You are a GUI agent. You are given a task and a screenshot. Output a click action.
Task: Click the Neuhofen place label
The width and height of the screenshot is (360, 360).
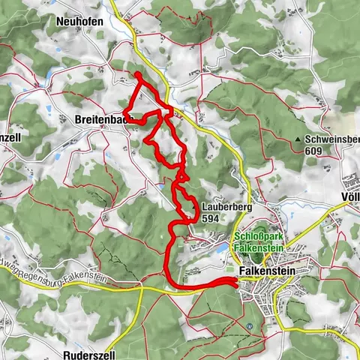click(79, 22)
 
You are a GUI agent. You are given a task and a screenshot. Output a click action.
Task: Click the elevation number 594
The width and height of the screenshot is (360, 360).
click(210, 218)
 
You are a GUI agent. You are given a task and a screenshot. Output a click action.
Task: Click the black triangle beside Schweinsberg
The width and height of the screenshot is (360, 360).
click(298, 139)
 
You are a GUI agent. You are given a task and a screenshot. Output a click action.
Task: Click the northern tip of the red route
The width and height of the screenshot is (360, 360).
click(136, 74)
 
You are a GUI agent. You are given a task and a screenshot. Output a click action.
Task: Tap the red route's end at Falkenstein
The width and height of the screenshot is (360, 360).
click(235, 281)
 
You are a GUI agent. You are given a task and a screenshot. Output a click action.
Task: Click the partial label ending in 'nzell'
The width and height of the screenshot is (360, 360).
click(9, 139)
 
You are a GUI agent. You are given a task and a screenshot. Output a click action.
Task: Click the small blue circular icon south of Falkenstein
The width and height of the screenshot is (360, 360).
click(248, 326)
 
